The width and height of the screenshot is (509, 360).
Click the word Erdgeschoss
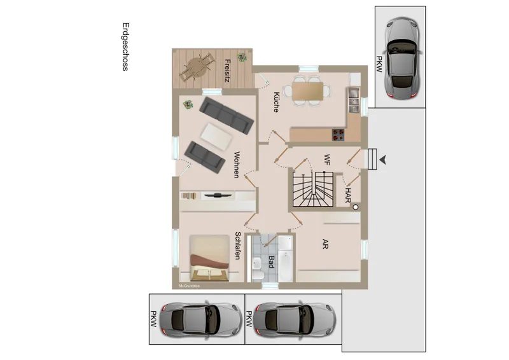(125, 48)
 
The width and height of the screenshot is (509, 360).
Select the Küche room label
(275, 102)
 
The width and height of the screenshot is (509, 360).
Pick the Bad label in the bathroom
(271, 261)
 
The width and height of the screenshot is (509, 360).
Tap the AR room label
(324, 244)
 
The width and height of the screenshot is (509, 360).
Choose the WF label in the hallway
(327, 158)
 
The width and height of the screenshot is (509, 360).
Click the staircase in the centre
(312, 189)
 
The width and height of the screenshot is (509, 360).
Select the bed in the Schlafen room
(209, 258)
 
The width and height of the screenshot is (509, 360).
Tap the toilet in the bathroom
(258, 274)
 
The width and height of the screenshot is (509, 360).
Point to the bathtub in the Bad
(284, 259)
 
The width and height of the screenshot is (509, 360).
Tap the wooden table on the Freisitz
(196, 66)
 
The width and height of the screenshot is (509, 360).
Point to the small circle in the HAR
(356, 206)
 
